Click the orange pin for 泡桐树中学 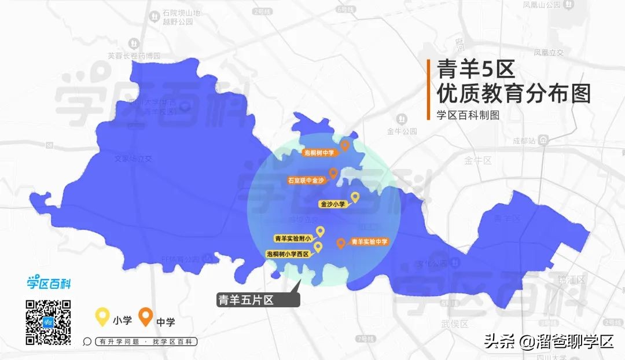click(345, 145)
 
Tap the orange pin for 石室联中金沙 click(333, 172)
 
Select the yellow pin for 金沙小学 click(355, 197)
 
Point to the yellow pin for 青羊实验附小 click(319, 231)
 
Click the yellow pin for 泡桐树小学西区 click(318, 247)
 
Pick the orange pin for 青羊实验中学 click(341, 243)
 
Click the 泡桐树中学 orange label click(319, 153)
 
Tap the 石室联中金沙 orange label click(307, 181)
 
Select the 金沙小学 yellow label click(333, 204)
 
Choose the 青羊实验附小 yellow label click(293, 238)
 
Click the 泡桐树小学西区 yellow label click(288, 254)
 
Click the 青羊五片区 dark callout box click(257, 300)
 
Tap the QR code click(48, 322)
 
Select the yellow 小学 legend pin click(102, 317)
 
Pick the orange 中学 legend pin click(146, 317)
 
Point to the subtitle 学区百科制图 click(468, 114)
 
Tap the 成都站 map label click(524, 140)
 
